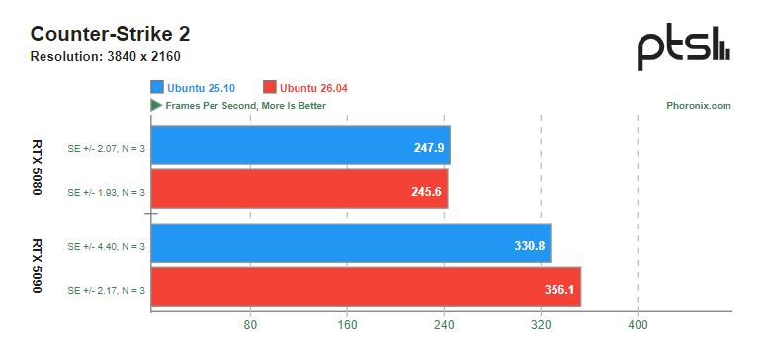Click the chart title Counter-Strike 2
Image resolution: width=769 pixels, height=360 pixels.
[x=111, y=35]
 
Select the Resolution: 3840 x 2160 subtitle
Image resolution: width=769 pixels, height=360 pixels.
[x=106, y=57]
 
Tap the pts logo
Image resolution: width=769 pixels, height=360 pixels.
[x=684, y=46]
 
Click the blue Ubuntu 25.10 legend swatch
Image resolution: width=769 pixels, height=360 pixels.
[x=157, y=88]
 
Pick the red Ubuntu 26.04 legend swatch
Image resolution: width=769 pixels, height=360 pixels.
[x=269, y=88]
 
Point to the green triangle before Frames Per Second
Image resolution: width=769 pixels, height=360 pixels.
[x=156, y=106]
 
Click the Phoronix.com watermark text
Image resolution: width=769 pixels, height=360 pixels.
[x=699, y=106]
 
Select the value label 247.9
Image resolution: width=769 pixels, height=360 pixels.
[x=429, y=147]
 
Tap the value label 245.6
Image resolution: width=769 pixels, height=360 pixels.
[x=426, y=191]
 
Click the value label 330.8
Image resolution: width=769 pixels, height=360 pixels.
[x=530, y=245]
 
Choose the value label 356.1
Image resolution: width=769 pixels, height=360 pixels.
[x=559, y=290]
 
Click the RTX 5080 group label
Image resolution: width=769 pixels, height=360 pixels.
[x=37, y=167]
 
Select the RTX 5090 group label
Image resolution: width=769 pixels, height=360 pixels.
[x=37, y=265]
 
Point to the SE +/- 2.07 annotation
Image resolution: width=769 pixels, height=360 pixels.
[x=107, y=148]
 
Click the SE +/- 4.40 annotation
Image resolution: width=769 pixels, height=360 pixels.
[x=107, y=246]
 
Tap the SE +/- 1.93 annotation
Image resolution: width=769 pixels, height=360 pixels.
[x=107, y=192]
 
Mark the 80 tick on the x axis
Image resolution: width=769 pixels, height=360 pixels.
[x=251, y=325]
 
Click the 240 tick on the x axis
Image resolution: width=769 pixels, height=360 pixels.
[x=445, y=325]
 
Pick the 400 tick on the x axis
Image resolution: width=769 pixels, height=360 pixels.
[x=639, y=325]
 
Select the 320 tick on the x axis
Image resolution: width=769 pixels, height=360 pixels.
[x=541, y=325]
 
